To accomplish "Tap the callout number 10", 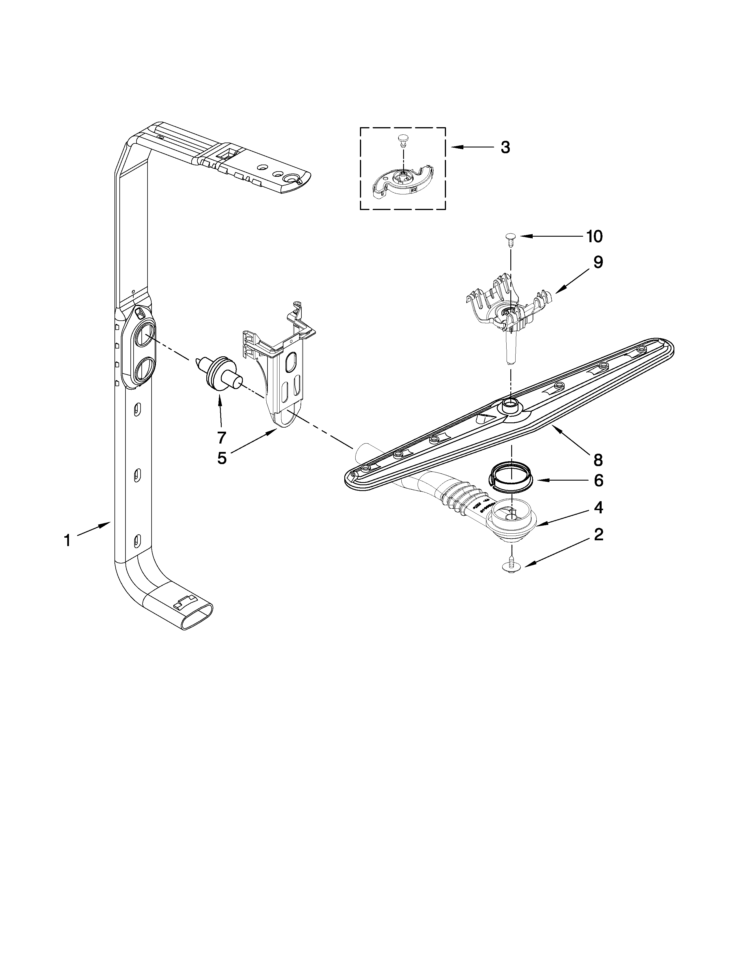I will [x=594, y=236].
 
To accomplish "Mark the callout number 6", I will [x=598, y=481].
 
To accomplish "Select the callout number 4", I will [x=598, y=508].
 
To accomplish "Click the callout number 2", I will [x=598, y=534].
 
